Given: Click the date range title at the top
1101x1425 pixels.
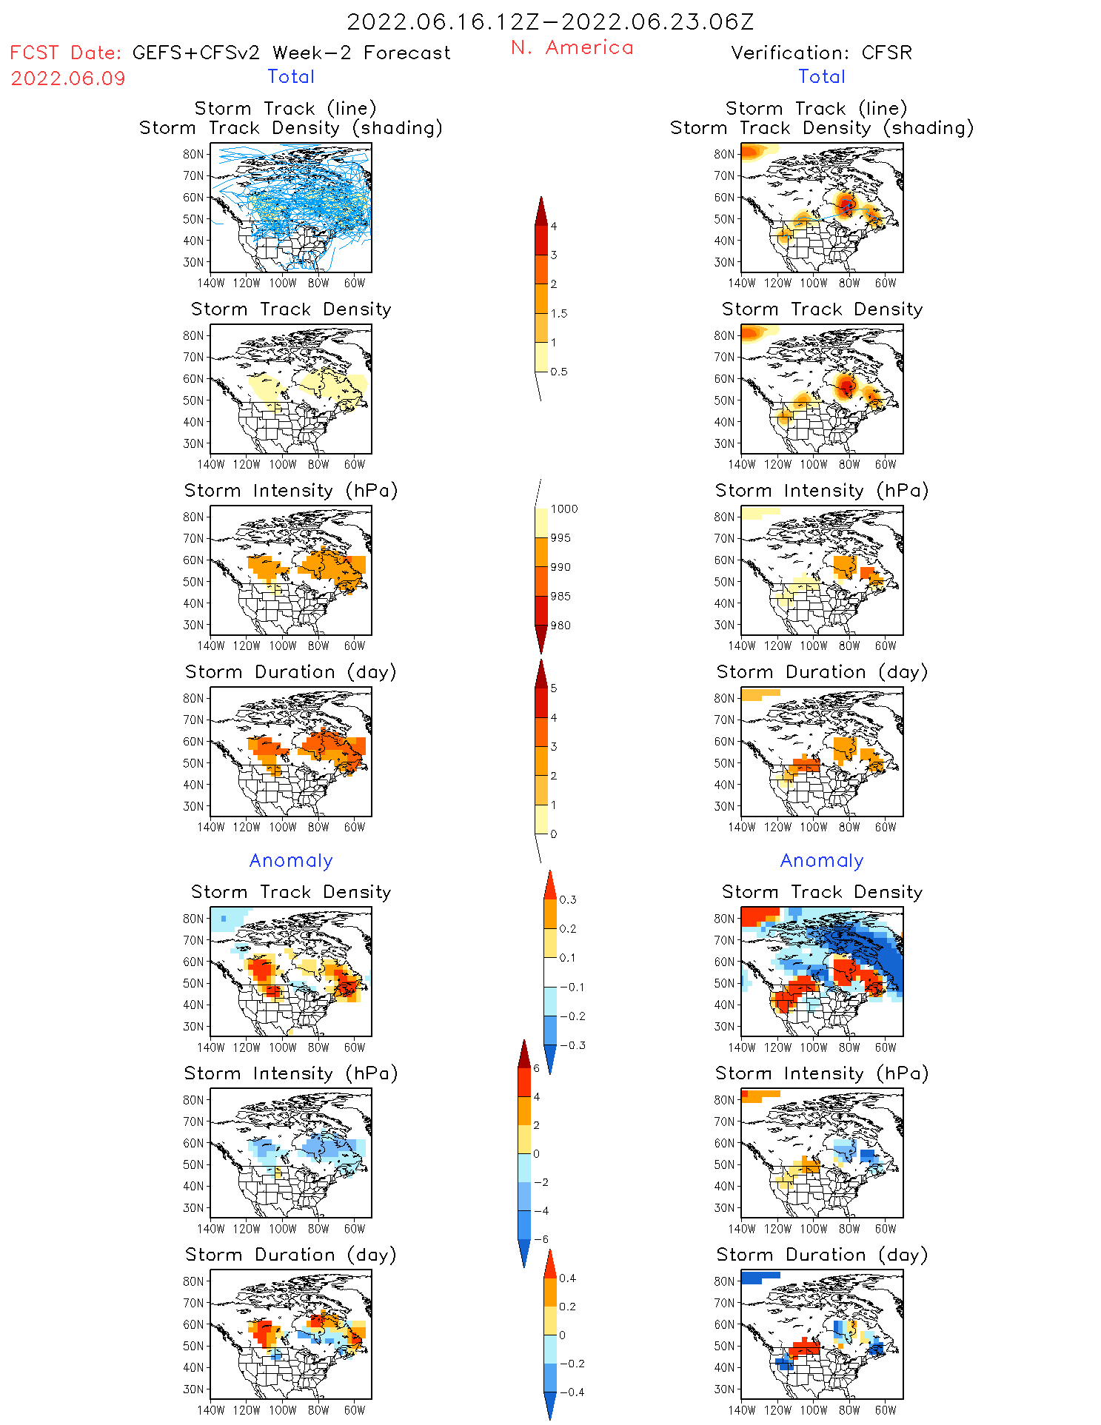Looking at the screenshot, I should [x=550, y=22].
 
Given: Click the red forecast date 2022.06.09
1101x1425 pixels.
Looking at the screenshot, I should [x=68, y=78].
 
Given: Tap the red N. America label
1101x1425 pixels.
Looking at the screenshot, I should [x=572, y=47].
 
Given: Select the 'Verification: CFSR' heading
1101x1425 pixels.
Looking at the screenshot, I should [x=821, y=53].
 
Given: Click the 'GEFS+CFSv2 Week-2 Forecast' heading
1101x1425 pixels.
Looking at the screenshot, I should [x=291, y=53].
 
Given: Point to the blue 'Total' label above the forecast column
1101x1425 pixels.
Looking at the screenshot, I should [x=291, y=76].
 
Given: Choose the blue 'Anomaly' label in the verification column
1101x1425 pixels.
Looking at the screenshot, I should [x=822, y=860].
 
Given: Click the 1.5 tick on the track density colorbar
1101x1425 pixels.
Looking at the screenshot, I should [x=559, y=313].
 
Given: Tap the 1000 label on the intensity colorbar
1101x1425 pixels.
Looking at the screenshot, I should [x=564, y=509].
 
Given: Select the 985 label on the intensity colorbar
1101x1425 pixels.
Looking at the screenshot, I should [x=560, y=596].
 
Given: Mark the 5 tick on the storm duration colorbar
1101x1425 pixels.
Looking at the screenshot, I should [x=554, y=688].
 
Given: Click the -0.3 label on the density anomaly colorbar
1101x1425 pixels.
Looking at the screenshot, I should [x=572, y=1045].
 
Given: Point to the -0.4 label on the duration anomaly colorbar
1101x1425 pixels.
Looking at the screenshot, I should [x=571, y=1392].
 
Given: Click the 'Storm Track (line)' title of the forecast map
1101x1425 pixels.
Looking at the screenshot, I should [x=285, y=108].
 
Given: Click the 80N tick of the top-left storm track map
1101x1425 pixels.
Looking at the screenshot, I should [x=193, y=154].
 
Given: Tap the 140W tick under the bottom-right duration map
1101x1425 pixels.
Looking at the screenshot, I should [x=742, y=1410].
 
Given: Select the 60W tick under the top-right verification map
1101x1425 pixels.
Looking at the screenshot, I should [x=886, y=283].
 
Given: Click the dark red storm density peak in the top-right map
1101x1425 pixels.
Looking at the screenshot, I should [x=846, y=203].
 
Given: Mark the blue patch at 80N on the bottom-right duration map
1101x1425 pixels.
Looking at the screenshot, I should [x=758, y=1276].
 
